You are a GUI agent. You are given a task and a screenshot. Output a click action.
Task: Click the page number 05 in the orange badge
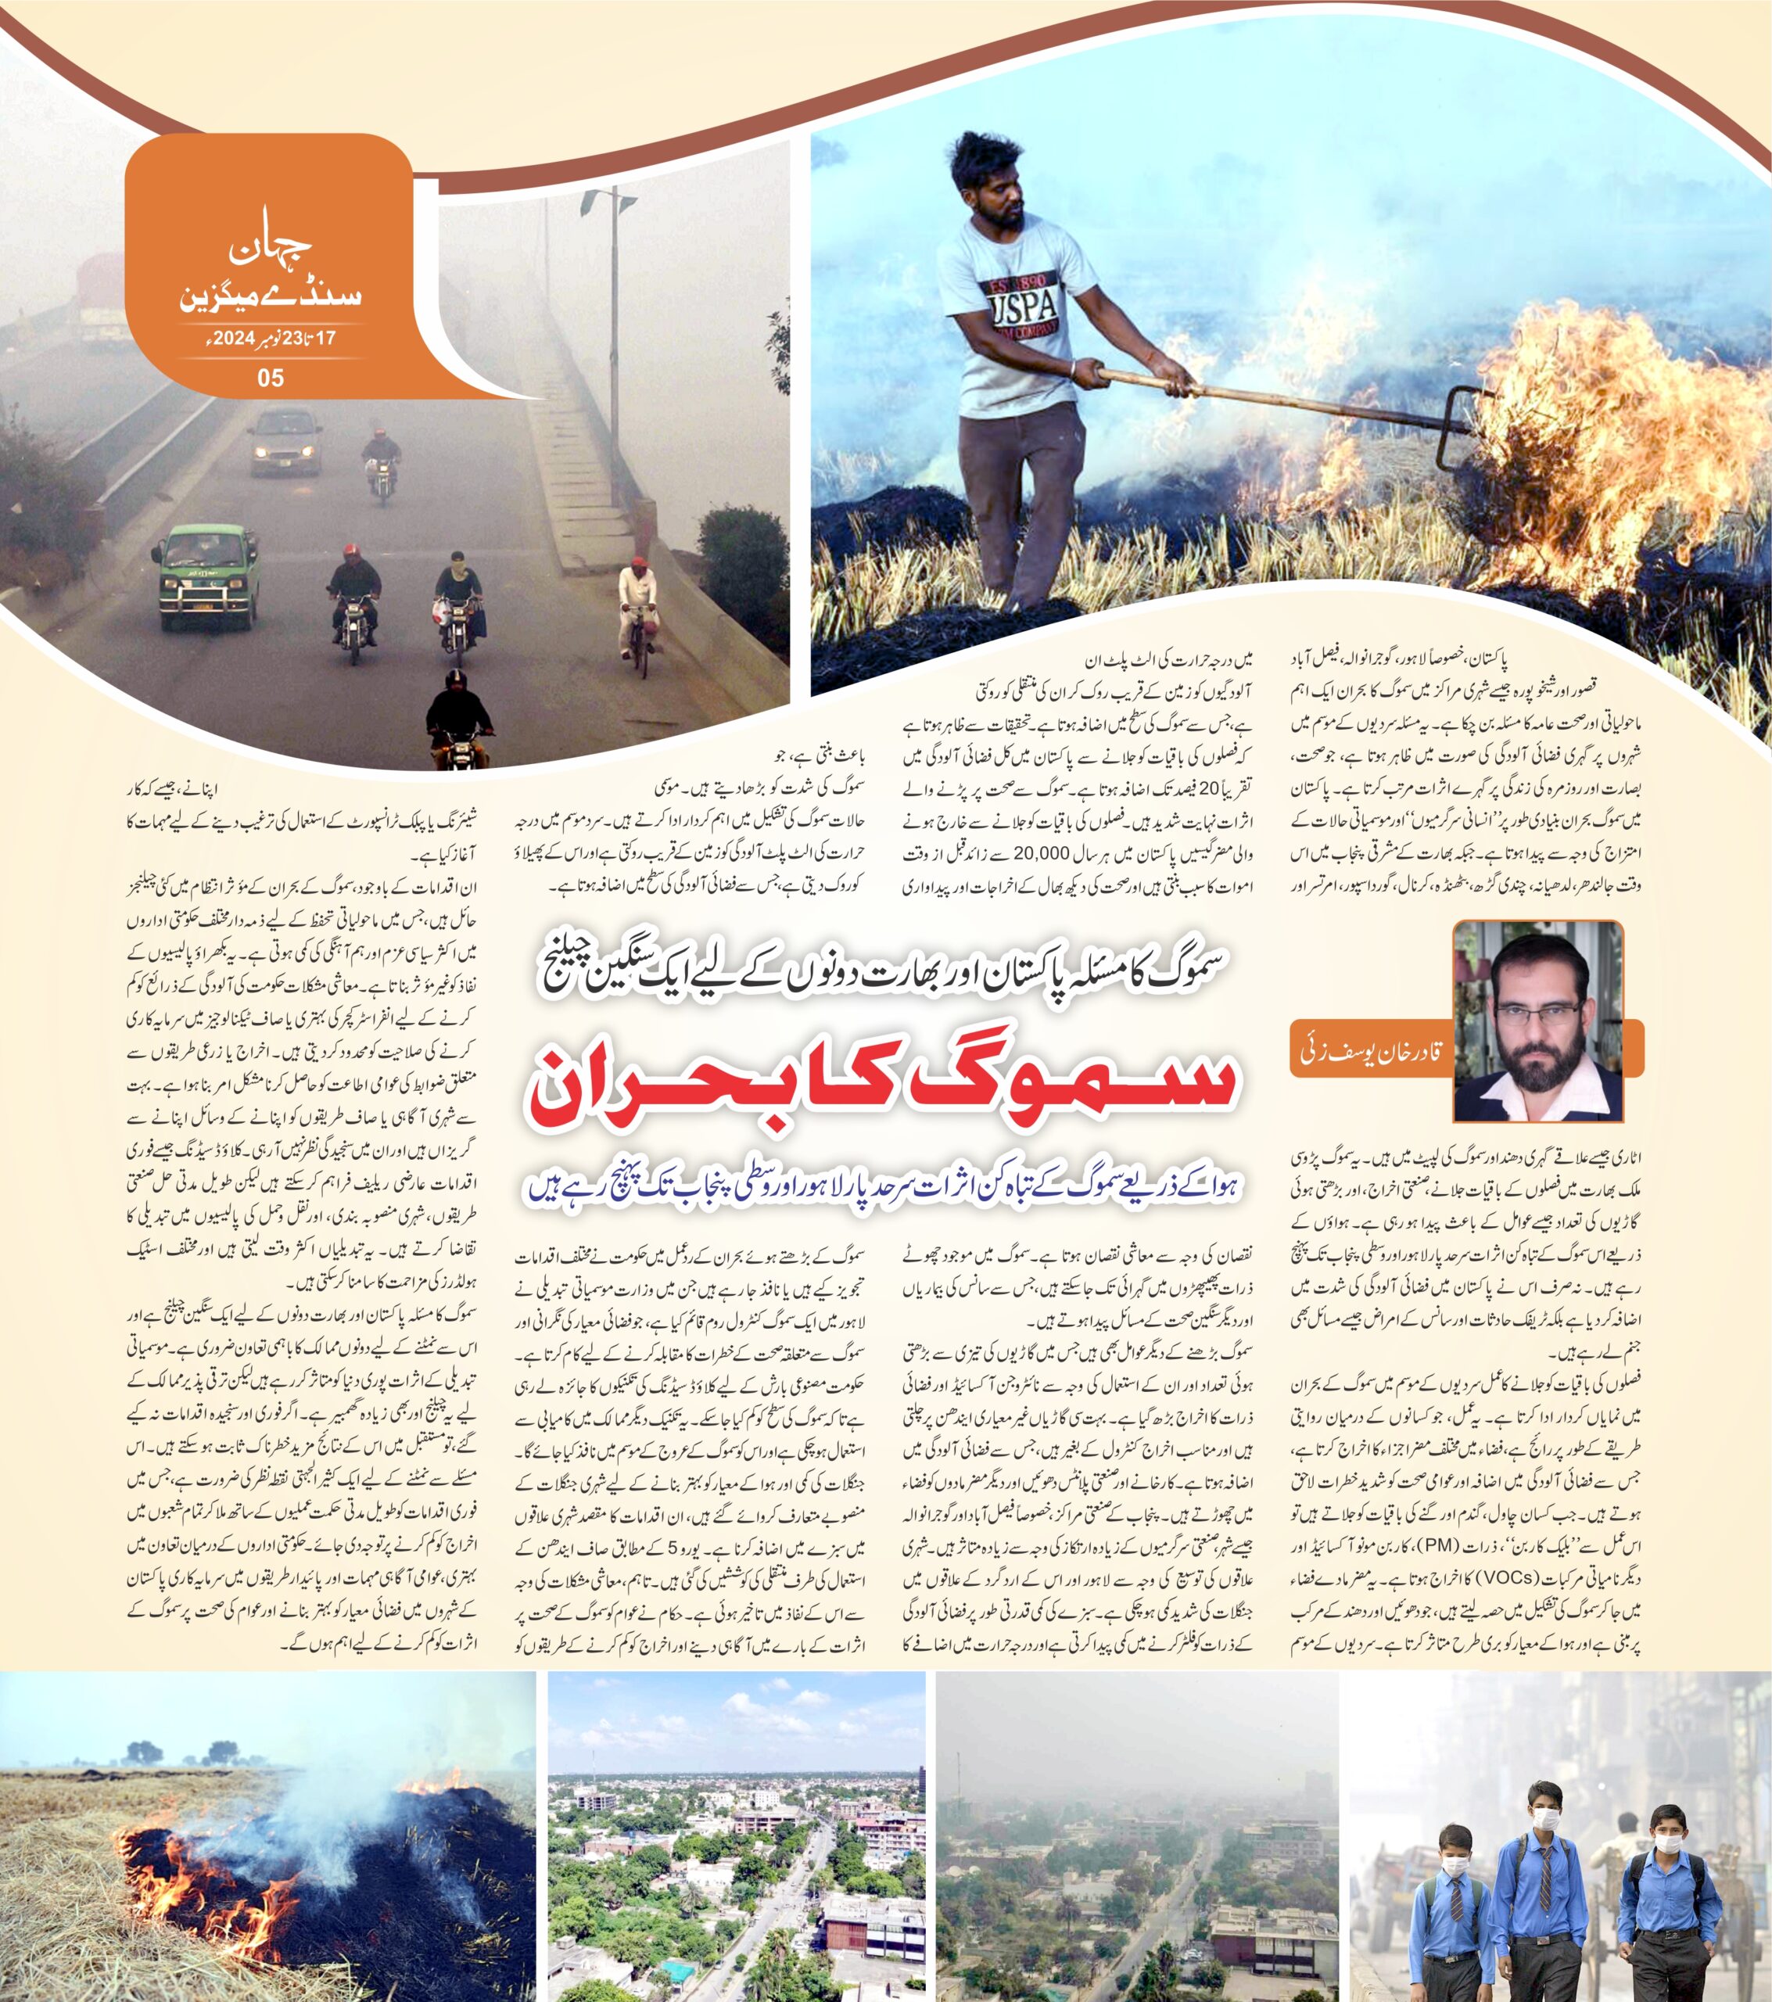coord(271,378)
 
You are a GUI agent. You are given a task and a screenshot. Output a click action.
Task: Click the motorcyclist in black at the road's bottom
coord(459,722)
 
